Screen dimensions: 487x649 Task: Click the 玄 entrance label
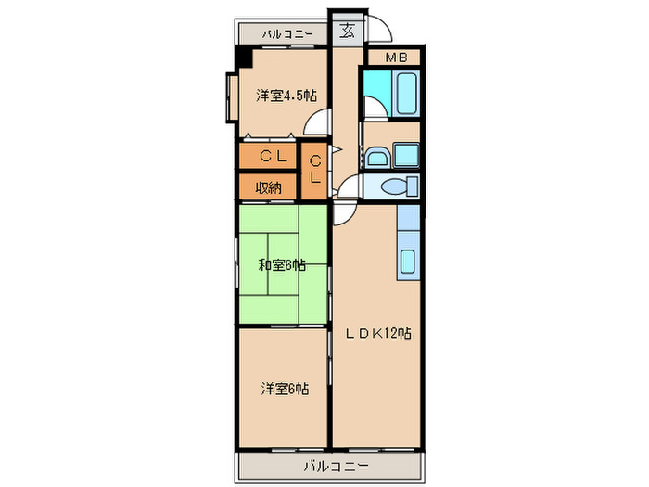pyautogui.click(x=347, y=31)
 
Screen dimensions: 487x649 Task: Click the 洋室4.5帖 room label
pyautogui.click(x=286, y=95)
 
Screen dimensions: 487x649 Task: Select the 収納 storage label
pyautogui.click(x=268, y=186)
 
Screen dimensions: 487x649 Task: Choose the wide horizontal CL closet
pyautogui.click(x=267, y=155)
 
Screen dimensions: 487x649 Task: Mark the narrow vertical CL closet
pyautogui.click(x=315, y=170)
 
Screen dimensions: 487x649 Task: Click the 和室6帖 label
pyautogui.click(x=282, y=265)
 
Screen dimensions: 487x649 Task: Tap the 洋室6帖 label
pyautogui.click(x=282, y=389)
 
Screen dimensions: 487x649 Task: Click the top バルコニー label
pyautogui.click(x=286, y=34)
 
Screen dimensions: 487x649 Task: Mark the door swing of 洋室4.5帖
pyautogui.click(x=319, y=122)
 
